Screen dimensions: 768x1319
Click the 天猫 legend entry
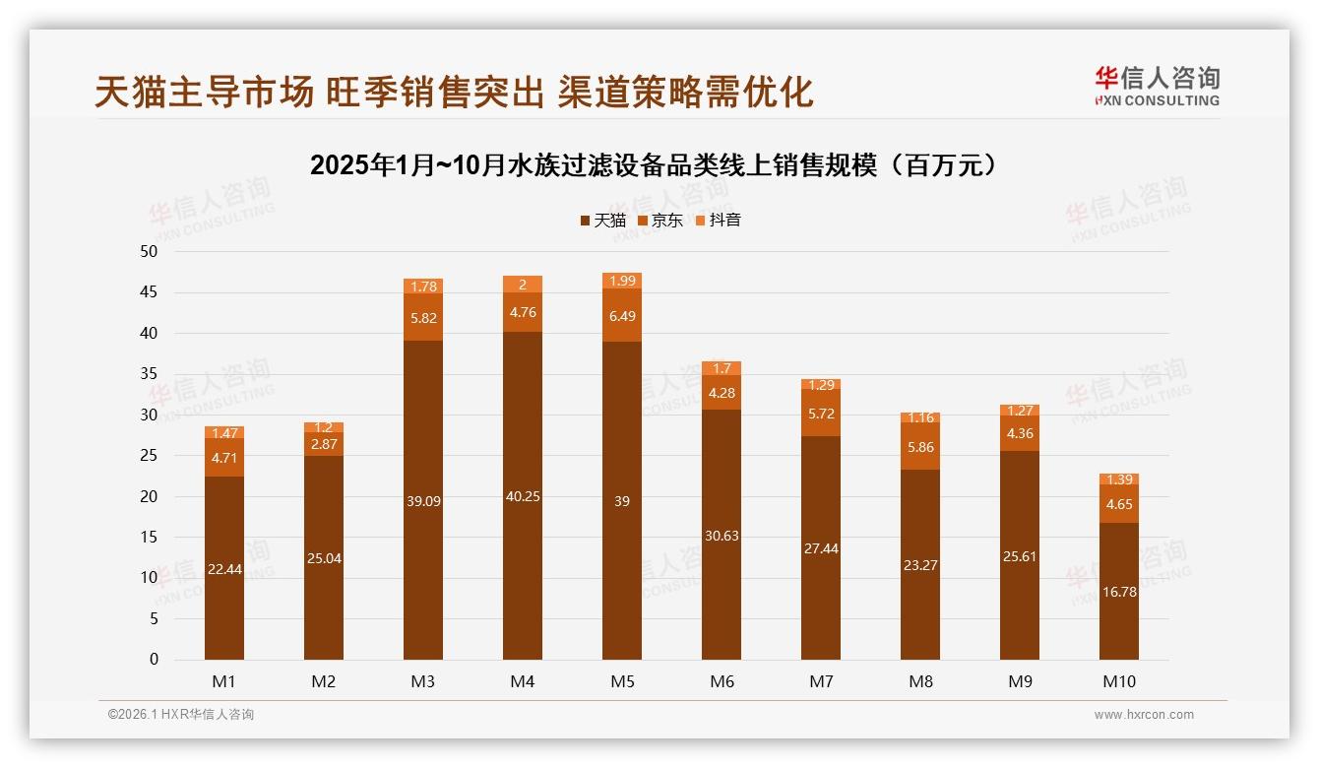[602, 220]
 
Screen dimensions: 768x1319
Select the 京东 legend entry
[659, 220]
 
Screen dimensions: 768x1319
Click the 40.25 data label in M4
[523, 496]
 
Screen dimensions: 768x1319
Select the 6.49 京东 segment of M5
[622, 316]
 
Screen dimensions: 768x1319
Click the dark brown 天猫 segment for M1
[224, 568]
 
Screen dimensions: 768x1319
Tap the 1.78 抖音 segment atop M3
[423, 287]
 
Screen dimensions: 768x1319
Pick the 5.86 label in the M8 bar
[920, 447]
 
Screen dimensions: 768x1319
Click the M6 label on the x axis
[722, 681]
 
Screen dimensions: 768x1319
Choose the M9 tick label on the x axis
[1020, 681]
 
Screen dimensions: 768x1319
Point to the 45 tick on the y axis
[149, 292]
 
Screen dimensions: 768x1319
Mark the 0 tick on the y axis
[154, 660]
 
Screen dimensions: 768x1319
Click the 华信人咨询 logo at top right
[1156, 86]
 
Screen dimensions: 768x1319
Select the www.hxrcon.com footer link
[1144, 715]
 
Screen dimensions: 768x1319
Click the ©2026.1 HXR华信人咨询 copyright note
[181, 715]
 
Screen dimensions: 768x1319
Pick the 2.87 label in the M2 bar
[324, 444]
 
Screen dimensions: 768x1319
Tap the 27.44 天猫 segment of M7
[821, 548]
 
